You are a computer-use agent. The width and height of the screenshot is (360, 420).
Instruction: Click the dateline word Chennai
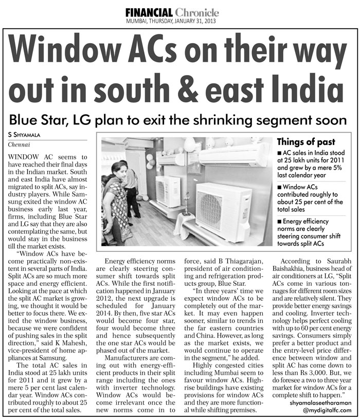point(20,144)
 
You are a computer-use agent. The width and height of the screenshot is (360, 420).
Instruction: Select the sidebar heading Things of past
point(306,142)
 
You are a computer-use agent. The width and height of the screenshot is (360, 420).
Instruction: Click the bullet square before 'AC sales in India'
point(279,154)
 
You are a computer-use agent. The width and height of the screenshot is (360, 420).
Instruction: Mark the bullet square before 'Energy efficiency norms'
point(279,222)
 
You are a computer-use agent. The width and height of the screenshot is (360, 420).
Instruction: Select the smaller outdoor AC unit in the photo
point(168,191)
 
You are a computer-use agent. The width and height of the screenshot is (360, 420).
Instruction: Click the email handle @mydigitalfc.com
point(327,412)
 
